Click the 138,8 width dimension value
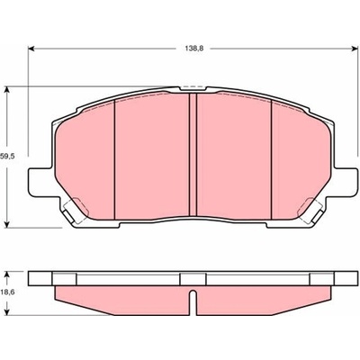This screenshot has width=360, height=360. (194, 49)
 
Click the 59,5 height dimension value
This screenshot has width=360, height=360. (7, 157)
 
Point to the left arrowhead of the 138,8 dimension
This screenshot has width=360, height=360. (31, 49)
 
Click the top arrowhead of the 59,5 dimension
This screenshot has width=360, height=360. (7, 90)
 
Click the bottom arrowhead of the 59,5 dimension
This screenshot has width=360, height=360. (7, 224)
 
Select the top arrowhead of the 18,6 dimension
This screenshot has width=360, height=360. (7, 274)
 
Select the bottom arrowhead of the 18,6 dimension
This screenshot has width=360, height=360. (7, 311)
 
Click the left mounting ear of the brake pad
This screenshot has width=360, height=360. (41, 183)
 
